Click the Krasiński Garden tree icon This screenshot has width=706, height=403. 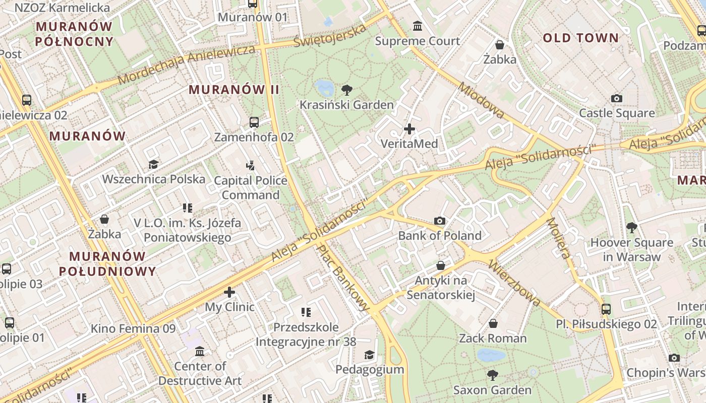[x=346, y=91]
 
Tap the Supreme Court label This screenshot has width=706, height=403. [x=418, y=41]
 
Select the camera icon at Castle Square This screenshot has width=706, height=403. [x=616, y=99]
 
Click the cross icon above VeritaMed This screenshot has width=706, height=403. [x=409, y=129]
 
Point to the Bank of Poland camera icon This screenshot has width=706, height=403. [x=440, y=221]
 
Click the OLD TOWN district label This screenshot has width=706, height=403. [x=580, y=38]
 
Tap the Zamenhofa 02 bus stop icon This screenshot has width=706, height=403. [x=254, y=122]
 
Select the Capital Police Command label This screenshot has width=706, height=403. [x=251, y=188]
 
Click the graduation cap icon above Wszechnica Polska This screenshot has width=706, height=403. [x=153, y=165]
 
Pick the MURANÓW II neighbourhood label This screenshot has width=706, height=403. [x=234, y=90]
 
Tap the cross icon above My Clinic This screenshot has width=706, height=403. [x=229, y=292]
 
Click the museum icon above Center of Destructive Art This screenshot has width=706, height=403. [x=200, y=351]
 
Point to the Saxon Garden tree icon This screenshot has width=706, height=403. [x=492, y=375]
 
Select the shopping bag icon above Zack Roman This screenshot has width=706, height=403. [x=493, y=323]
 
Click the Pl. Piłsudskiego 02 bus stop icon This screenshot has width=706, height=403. [x=606, y=309]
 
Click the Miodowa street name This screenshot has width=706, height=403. [x=481, y=101]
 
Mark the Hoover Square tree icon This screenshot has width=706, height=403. [x=631, y=228]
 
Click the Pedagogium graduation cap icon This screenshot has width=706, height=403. [x=370, y=355]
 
